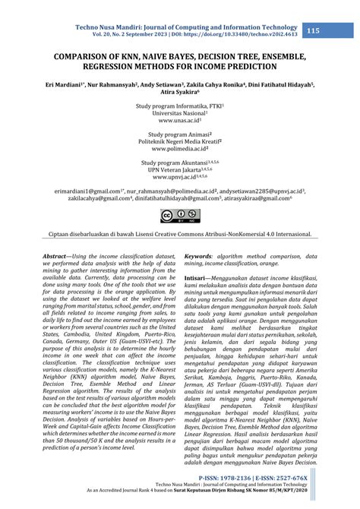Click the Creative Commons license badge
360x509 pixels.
point(179,217)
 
